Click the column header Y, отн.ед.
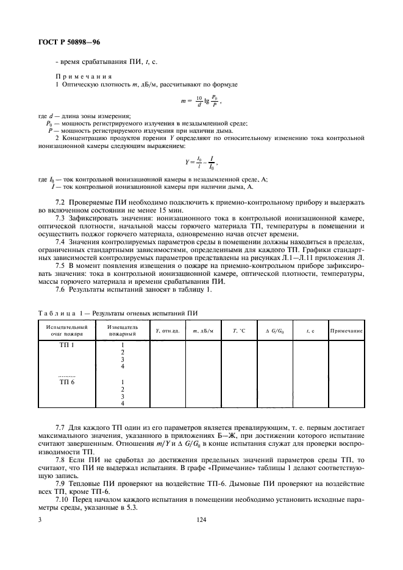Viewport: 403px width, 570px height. point(166,331)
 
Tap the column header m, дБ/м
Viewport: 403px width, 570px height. point(203,331)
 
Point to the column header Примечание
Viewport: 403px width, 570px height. point(346,331)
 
